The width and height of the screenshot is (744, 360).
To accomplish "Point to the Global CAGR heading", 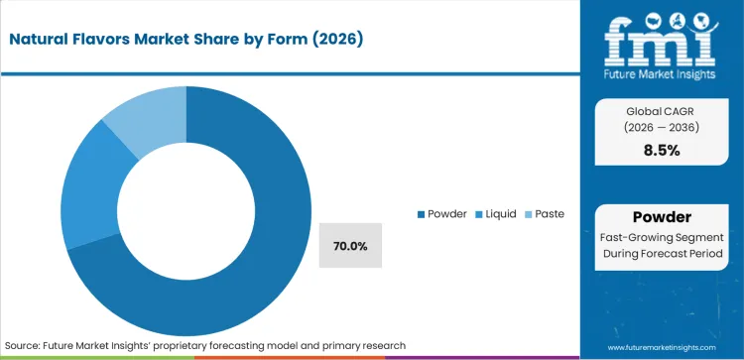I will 662,111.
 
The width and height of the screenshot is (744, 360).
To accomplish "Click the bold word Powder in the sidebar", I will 662,216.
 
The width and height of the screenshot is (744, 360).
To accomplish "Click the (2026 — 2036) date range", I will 662,128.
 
